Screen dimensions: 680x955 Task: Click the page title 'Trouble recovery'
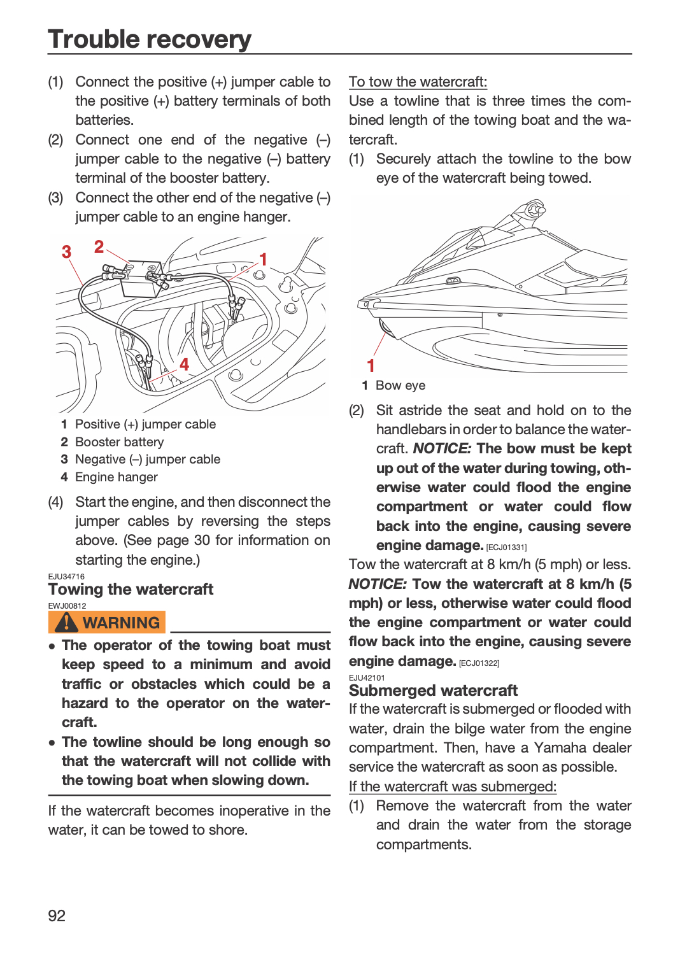[x=149, y=39]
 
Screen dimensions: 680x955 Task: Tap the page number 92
[x=57, y=916]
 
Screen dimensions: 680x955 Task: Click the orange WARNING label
[x=106, y=623]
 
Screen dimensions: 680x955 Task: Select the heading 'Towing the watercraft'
[x=131, y=589]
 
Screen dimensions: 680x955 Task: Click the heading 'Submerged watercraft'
[x=433, y=690]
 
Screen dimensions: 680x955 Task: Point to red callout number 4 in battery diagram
[x=184, y=364]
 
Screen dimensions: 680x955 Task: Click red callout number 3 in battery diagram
[x=66, y=251]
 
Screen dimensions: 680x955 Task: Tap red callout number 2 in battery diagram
[x=99, y=246]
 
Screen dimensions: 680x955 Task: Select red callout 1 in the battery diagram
[x=263, y=259]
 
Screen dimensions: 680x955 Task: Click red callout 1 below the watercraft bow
[x=371, y=365]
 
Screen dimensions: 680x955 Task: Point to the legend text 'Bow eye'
[x=400, y=385]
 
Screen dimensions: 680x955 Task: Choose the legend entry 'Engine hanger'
[x=117, y=477]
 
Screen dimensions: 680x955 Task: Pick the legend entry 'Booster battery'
[x=119, y=442]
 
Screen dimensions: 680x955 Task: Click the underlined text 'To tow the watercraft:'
[x=418, y=81]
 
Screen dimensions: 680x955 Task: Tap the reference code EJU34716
[x=66, y=576]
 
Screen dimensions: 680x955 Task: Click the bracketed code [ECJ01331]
[x=506, y=547]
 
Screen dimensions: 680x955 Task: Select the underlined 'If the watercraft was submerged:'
[x=453, y=786]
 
